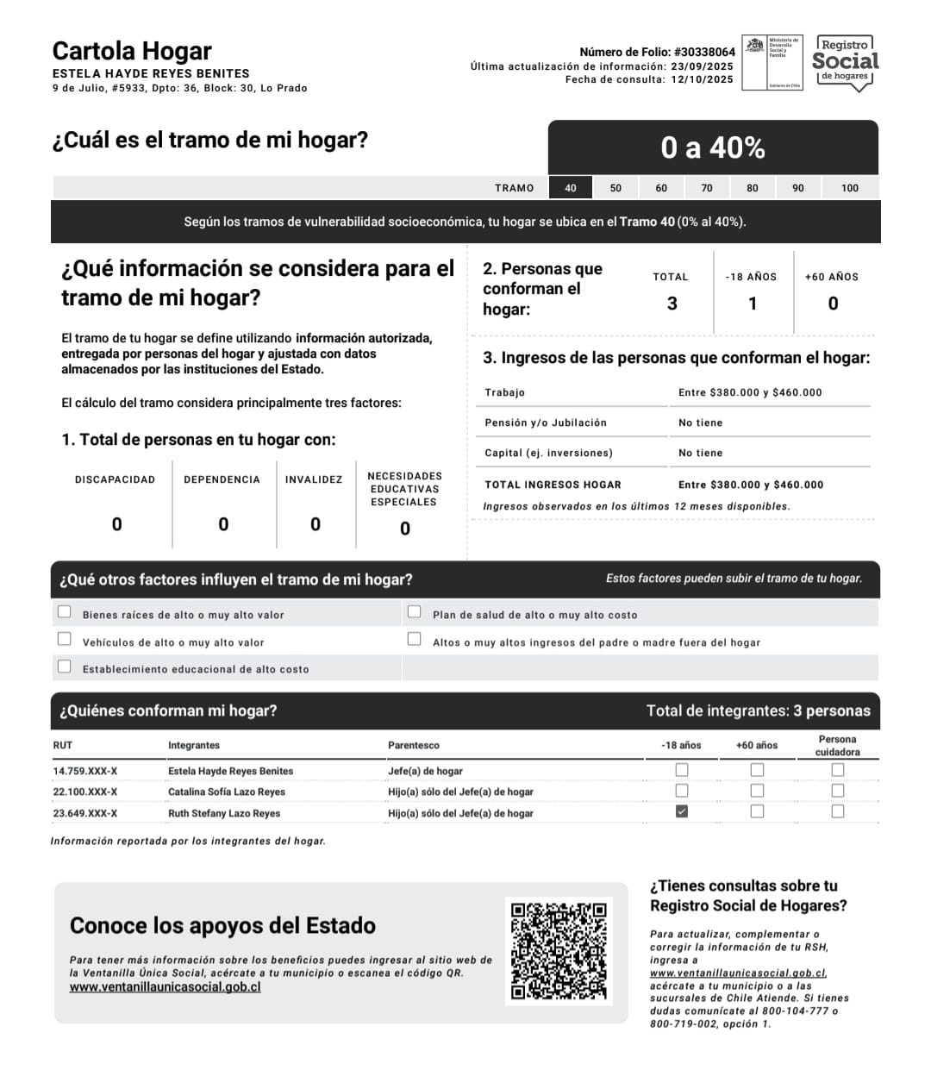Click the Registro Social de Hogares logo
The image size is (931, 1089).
pos(845,62)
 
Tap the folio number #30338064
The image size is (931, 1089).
pos(704,52)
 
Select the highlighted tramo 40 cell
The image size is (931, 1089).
pos(571,188)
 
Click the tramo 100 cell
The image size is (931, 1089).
pos(850,188)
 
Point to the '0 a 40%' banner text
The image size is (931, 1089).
pos(713,148)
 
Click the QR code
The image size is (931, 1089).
pos(559,951)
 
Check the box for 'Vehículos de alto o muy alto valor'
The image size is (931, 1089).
pos(65,639)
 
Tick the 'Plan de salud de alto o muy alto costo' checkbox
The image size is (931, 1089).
pos(415,612)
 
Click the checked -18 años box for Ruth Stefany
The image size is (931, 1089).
pos(682,811)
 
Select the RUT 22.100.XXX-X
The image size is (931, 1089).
pos(85,792)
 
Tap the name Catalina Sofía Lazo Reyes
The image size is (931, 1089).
pos(227,792)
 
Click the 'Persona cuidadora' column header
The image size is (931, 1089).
pos(837,746)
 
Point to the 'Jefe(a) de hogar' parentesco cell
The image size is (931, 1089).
pos(425,771)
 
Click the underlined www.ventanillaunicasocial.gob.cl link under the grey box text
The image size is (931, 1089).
pos(166,987)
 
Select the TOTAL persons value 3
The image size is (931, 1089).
pos(672,304)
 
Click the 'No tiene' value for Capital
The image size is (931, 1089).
pos(701,453)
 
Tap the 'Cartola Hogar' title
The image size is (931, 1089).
pos(132,51)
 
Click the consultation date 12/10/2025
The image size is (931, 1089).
pos(702,79)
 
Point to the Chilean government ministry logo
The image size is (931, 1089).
pos(772,62)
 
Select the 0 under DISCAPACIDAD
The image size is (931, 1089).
pos(117,524)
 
